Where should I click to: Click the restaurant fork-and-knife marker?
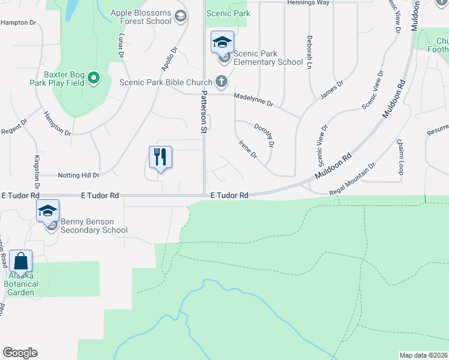pyautogui.click(x=160, y=157)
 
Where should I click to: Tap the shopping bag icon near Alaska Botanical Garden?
pyautogui.click(x=20, y=262)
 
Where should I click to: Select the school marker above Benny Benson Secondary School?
pyautogui.click(x=47, y=211)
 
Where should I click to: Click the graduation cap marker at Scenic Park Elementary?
pyautogui.click(x=222, y=42)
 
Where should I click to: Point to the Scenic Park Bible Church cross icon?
pyautogui.click(x=221, y=80)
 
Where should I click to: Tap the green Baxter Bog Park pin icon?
pyautogui.click(x=94, y=78)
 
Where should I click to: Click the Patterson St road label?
pyautogui.click(x=203, y=112)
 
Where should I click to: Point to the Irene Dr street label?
pyautogui.click(x=248, y=149)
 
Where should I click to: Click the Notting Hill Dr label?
pyautogui.click(x=78, y=175)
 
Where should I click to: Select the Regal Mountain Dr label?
pyautogui.click(x=352, y=179)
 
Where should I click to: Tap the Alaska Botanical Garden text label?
pyautogui.click(x=21, y=284)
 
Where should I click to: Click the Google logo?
pyautogui.click(x=20, y=353)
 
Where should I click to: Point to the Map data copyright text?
pyautogui.click(x=423, y=355)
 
